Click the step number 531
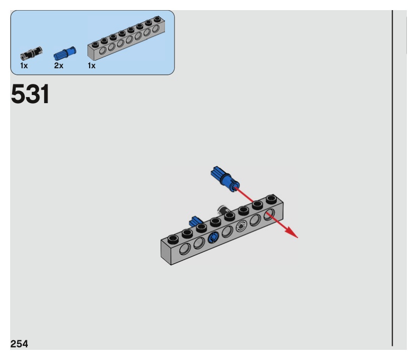pos(30,94)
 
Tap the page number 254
pos(19,344)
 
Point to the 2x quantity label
pos(59,66)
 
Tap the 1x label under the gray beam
pos(91,66)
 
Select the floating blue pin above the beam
pos(225,179)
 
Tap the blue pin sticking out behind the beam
pos(195,221)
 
